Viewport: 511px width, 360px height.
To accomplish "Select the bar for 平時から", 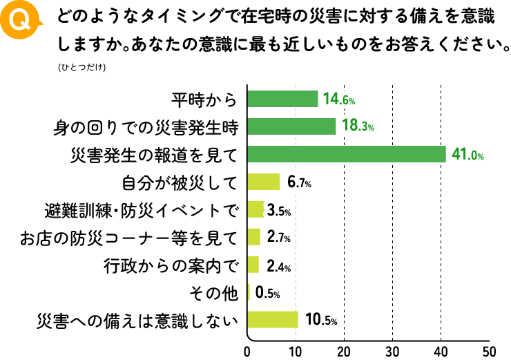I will (282, 99).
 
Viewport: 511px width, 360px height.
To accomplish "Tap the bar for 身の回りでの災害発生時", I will (291, 126).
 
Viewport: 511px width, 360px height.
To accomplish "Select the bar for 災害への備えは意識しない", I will (273, 320).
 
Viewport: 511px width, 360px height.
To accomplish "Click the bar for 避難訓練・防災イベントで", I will (256, 209).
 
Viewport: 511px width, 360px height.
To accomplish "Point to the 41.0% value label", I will (467, 155).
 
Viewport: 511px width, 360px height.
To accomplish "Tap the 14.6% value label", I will (339, 100).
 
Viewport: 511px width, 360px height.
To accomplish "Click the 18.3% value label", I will (357, 127).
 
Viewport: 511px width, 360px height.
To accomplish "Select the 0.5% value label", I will (267, 293).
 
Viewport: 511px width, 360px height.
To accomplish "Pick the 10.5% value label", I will (320, 321).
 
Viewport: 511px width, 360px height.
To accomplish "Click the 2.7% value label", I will (278, 238).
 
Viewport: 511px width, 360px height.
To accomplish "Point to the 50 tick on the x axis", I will (489, 350).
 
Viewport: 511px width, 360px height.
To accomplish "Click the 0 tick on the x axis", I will (247, 350).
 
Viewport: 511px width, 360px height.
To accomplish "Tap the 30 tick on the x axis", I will (392, 350).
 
